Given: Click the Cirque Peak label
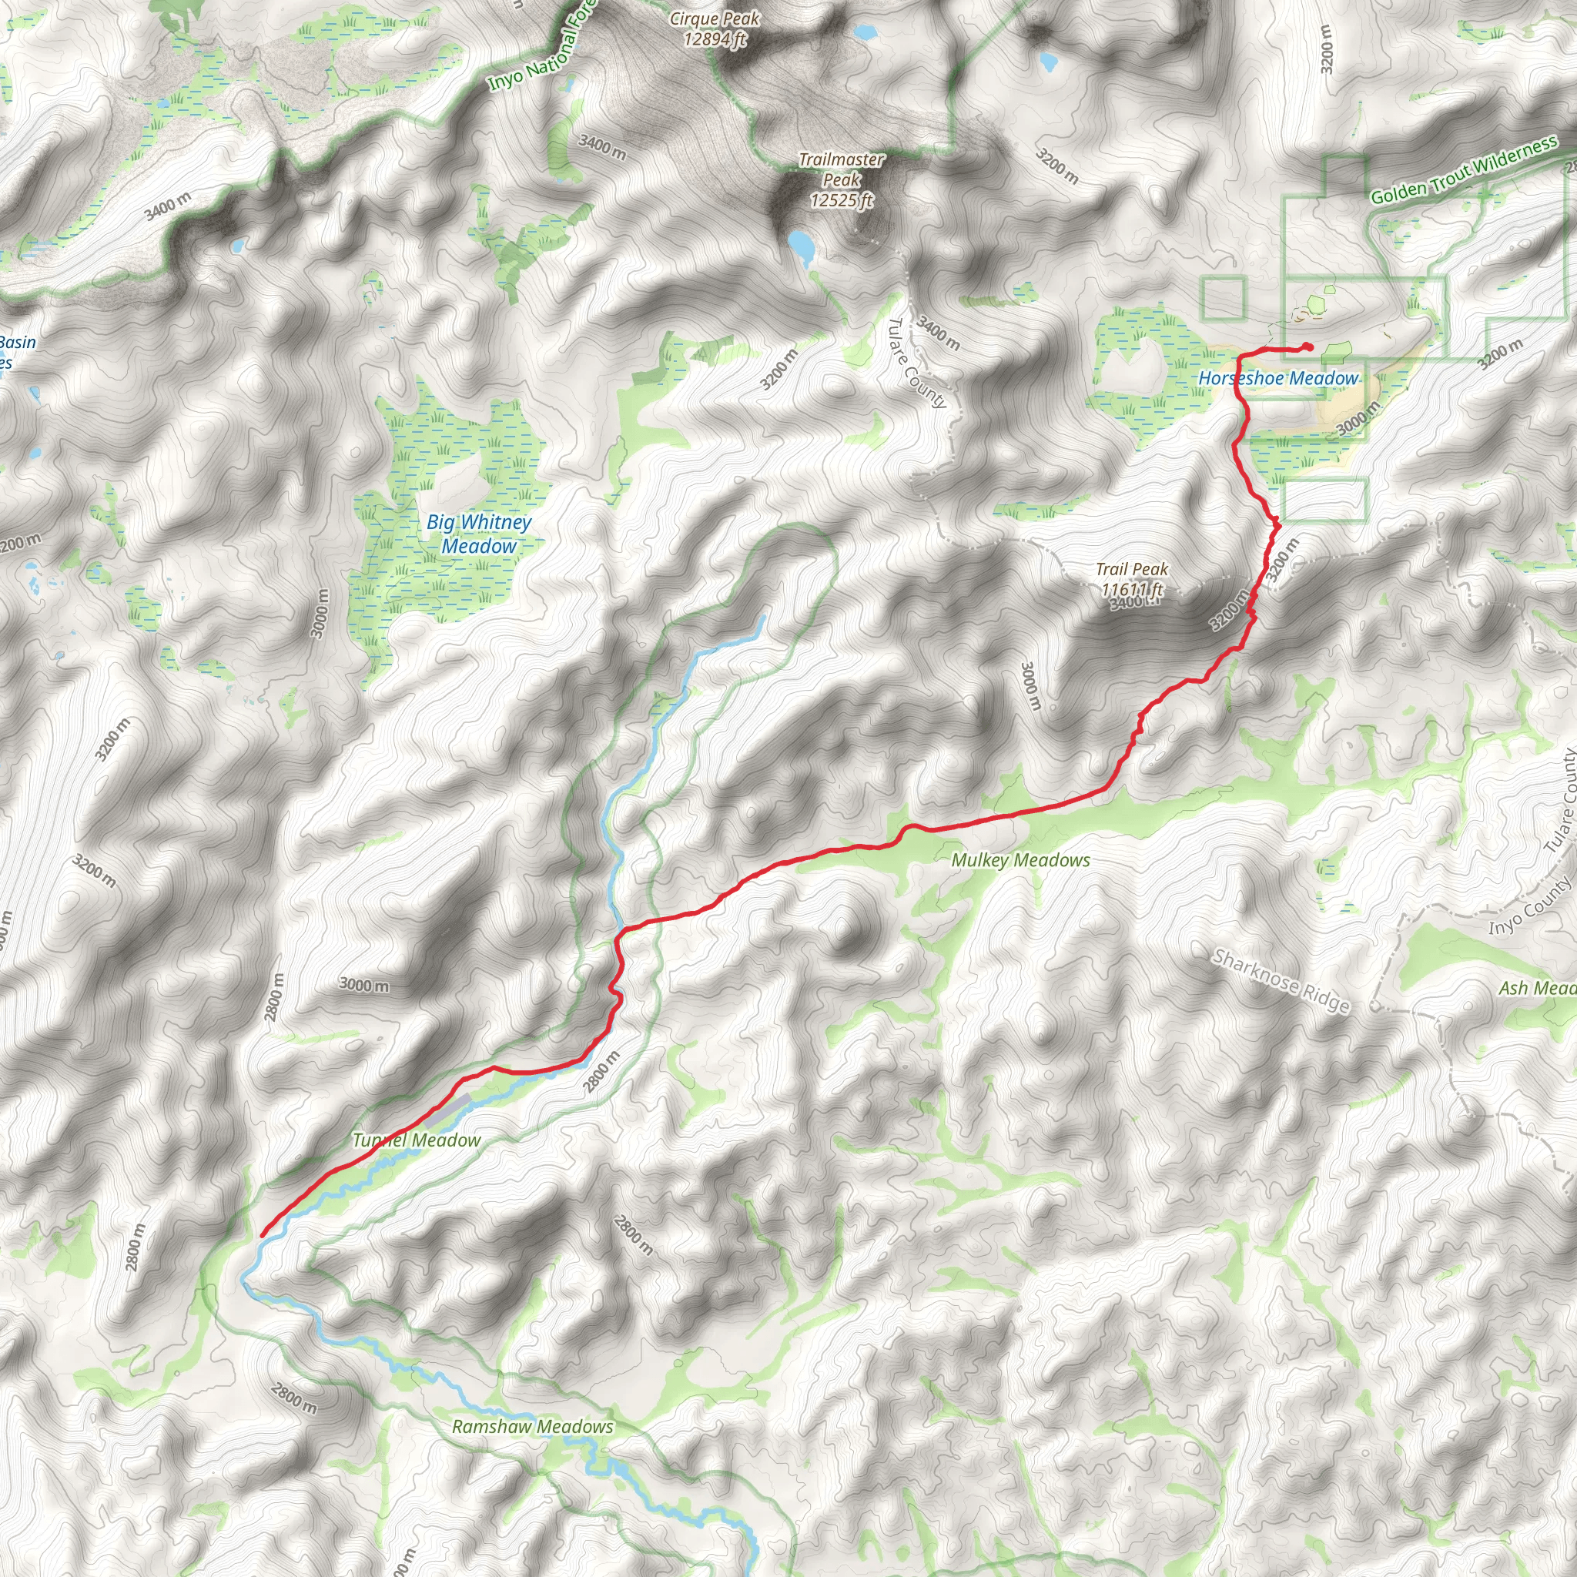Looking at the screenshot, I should coord(715,28).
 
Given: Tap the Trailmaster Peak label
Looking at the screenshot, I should coord(841,179).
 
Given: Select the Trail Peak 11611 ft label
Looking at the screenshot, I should coord(1132,580).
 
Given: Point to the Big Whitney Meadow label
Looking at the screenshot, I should coord(479,534).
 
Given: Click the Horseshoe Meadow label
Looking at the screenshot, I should coord(1277,379).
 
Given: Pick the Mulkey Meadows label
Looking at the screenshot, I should coord(1020,860).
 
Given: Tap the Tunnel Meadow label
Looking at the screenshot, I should coord(417,1140).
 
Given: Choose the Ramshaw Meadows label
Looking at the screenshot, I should coord(532,1427).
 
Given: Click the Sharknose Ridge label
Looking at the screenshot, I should coord(1281,980).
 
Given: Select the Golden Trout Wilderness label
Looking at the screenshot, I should coord(1464,171).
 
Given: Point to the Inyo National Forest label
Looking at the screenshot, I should coord(543,49).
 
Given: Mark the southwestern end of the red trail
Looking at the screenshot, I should coord(261,1236).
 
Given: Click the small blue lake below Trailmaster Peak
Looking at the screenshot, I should coord(801,246).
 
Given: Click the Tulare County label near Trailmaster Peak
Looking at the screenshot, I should coord(916,363).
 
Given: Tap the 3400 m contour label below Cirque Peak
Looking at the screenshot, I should coord(602,147).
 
